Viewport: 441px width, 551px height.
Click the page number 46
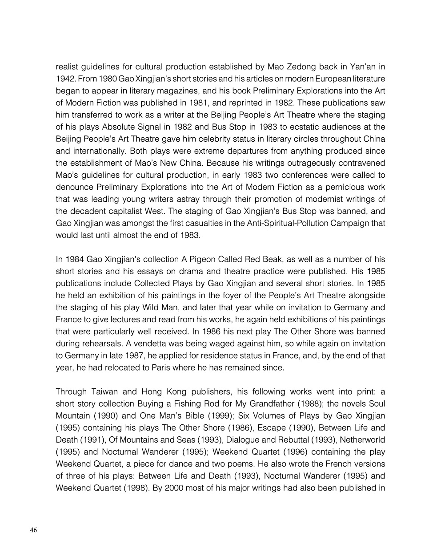coord(33,530)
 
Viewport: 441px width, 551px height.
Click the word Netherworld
coord(361,440)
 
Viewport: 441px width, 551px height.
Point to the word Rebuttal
coord(309,440)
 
